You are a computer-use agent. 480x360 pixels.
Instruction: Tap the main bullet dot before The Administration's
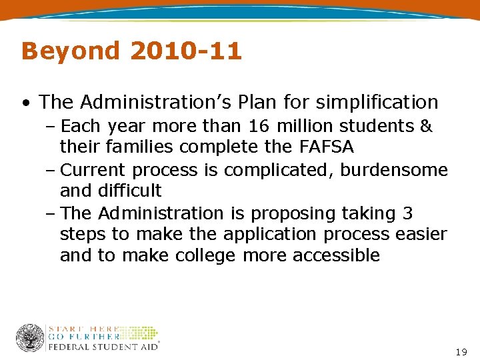[25, 103]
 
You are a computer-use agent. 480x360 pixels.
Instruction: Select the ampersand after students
[426, 126]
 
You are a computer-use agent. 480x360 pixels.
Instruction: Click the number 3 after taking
[408, 213]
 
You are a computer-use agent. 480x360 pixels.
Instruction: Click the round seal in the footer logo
[30, 338]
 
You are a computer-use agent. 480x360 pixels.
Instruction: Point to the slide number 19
[461, 351]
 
